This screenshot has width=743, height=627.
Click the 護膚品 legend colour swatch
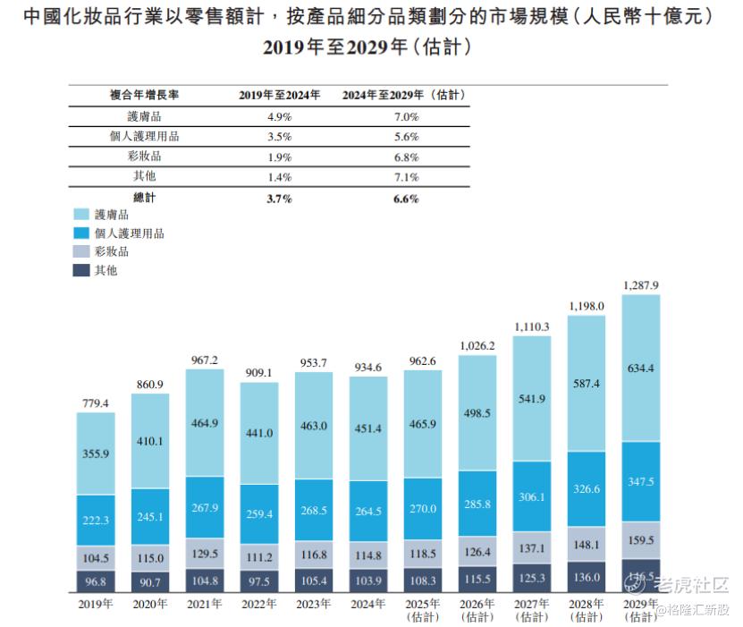[x=80, y=215]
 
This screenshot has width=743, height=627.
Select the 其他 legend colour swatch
[x=80, y=269]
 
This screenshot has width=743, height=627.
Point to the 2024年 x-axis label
[x=368, y=605]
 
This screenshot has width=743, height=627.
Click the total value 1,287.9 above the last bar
[x=640, y=285]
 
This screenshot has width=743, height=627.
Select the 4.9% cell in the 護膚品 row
[x=280, y=116]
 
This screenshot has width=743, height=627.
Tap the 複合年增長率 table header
[x=143, y=94]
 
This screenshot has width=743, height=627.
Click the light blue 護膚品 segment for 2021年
[x=204, y=422]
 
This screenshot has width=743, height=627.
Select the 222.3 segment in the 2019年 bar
[x=95, y=520]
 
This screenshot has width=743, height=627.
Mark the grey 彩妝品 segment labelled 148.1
[x=586, y=544]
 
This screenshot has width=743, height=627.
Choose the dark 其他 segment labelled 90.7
[x=149, y=581]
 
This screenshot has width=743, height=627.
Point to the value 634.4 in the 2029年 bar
[x=640, y=368]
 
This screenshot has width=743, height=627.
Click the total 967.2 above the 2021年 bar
[x=204, y=359]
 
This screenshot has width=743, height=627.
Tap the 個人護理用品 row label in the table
[x=143, y=136]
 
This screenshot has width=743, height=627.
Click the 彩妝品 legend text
[x=115, y=251]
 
